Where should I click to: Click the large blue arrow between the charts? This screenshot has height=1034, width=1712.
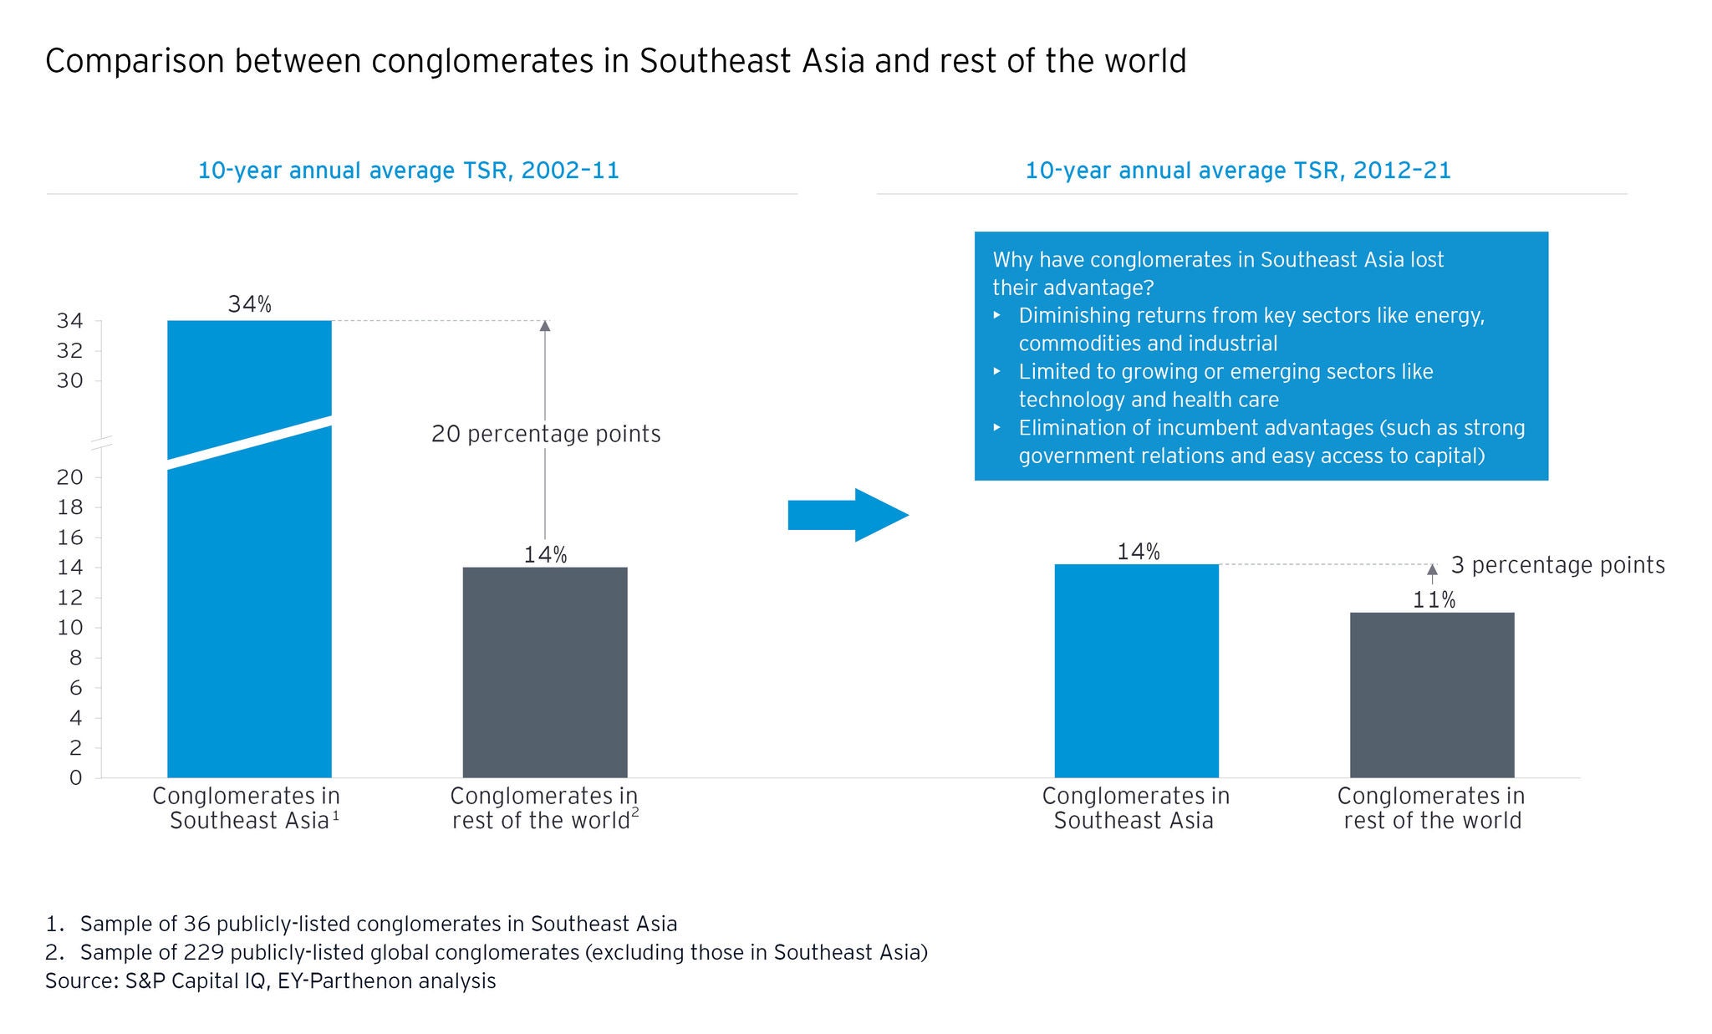click(x=848, y=515)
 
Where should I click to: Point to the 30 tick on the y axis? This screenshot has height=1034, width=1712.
click(x=70, y=381)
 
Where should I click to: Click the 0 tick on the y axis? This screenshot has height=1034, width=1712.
click(x=76, y=778)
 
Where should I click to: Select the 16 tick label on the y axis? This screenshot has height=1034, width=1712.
click(x=70, y=537)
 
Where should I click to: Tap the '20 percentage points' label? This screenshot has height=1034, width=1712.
click(x=546, y=434)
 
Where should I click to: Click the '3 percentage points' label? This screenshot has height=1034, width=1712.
click(x=1557, y=565)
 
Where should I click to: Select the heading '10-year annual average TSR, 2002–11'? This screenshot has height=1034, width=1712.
click(x=408, y=171)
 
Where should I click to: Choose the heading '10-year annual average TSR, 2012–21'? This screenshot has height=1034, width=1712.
click(x=1237, y=171)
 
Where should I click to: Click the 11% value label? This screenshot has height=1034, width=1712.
click(x=1434, y=600)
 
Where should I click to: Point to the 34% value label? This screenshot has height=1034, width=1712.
click(x=249, y=304)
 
